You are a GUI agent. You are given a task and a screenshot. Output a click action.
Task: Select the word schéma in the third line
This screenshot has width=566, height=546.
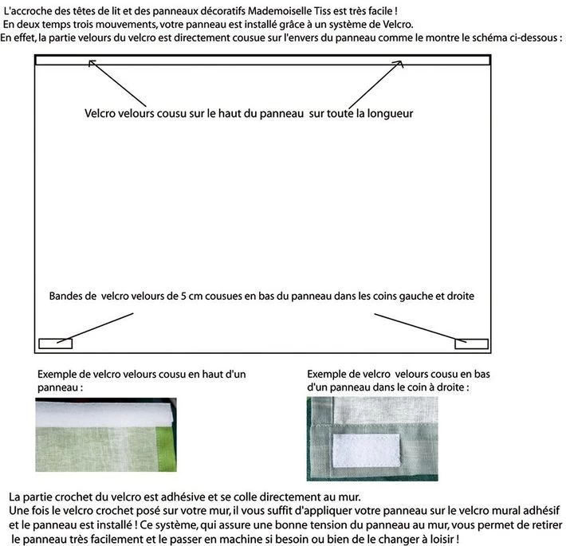click(485, 37)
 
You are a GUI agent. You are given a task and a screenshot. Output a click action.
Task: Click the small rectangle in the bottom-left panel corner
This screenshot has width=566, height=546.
click(56, 344)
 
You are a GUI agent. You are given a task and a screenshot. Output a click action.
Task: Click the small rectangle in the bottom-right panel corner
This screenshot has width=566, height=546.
click(471, 344)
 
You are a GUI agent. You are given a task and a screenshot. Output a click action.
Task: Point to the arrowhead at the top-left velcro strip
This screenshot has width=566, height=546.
click(91, 62)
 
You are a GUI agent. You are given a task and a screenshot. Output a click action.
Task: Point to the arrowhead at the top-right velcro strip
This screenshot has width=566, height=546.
click(400, 63)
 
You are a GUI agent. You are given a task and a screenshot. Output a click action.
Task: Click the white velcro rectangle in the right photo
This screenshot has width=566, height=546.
click(366, 450)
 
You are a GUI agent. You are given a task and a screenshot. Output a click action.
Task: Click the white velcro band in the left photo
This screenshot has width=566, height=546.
click(104, 413)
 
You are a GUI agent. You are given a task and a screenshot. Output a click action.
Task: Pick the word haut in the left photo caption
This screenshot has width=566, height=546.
click(212, 374)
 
